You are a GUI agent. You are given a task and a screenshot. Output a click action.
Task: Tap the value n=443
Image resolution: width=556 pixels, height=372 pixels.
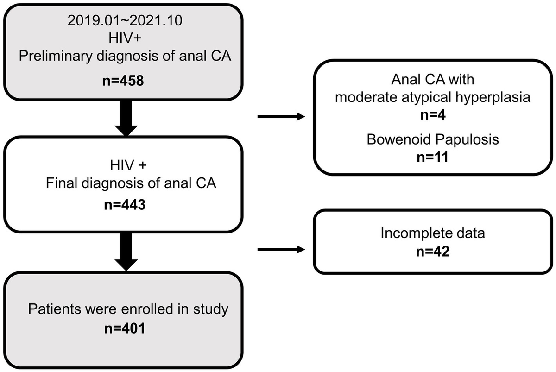[124, 204]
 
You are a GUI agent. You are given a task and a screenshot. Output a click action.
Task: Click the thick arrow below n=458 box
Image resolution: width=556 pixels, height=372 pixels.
[125, 118]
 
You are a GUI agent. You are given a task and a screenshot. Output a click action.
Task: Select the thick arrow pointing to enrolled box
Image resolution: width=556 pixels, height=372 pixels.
[125, 252]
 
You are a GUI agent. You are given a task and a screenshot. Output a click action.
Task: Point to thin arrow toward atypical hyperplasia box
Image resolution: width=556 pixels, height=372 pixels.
[280, 117]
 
